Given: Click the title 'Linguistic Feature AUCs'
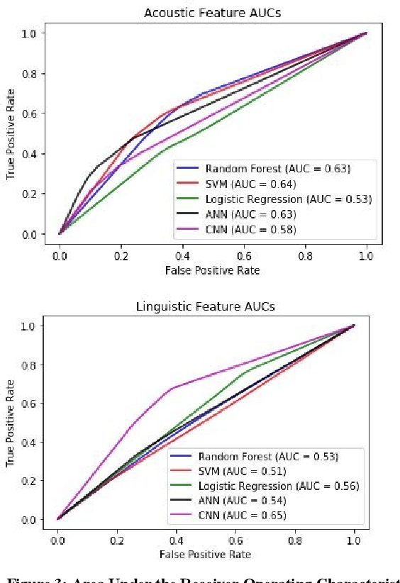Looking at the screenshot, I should coord(206,306).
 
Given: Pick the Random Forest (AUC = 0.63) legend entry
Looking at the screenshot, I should coord(277,169).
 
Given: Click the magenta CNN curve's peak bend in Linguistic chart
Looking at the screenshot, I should coord(171,389).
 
